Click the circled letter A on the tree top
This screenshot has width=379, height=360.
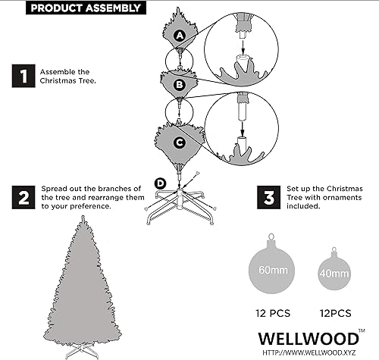[180, 36]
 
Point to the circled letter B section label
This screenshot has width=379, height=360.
[180, 86]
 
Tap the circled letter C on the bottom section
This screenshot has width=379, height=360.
[180, 141]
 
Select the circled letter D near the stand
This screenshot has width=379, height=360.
[160, 182]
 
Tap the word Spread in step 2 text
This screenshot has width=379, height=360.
[55, 187]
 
